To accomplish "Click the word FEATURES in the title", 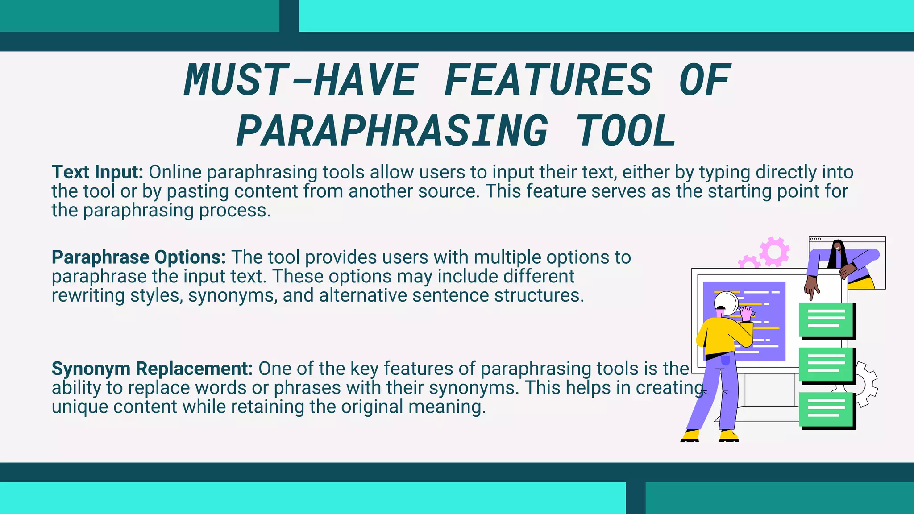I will pos(548,80).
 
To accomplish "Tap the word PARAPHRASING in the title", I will pos(392,131).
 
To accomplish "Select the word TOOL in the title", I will pos(626,131).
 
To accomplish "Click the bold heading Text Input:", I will pos(97,172).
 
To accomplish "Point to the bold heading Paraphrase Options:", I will pos(139,257).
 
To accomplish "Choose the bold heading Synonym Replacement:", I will pos(152,369).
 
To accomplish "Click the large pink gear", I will pos(774,252).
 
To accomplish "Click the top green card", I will pos(826,319).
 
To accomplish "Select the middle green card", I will pos(826,364).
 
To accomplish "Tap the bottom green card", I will pos(826,409).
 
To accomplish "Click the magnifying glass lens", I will pos(726,303).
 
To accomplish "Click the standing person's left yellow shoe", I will pos(690,435).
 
